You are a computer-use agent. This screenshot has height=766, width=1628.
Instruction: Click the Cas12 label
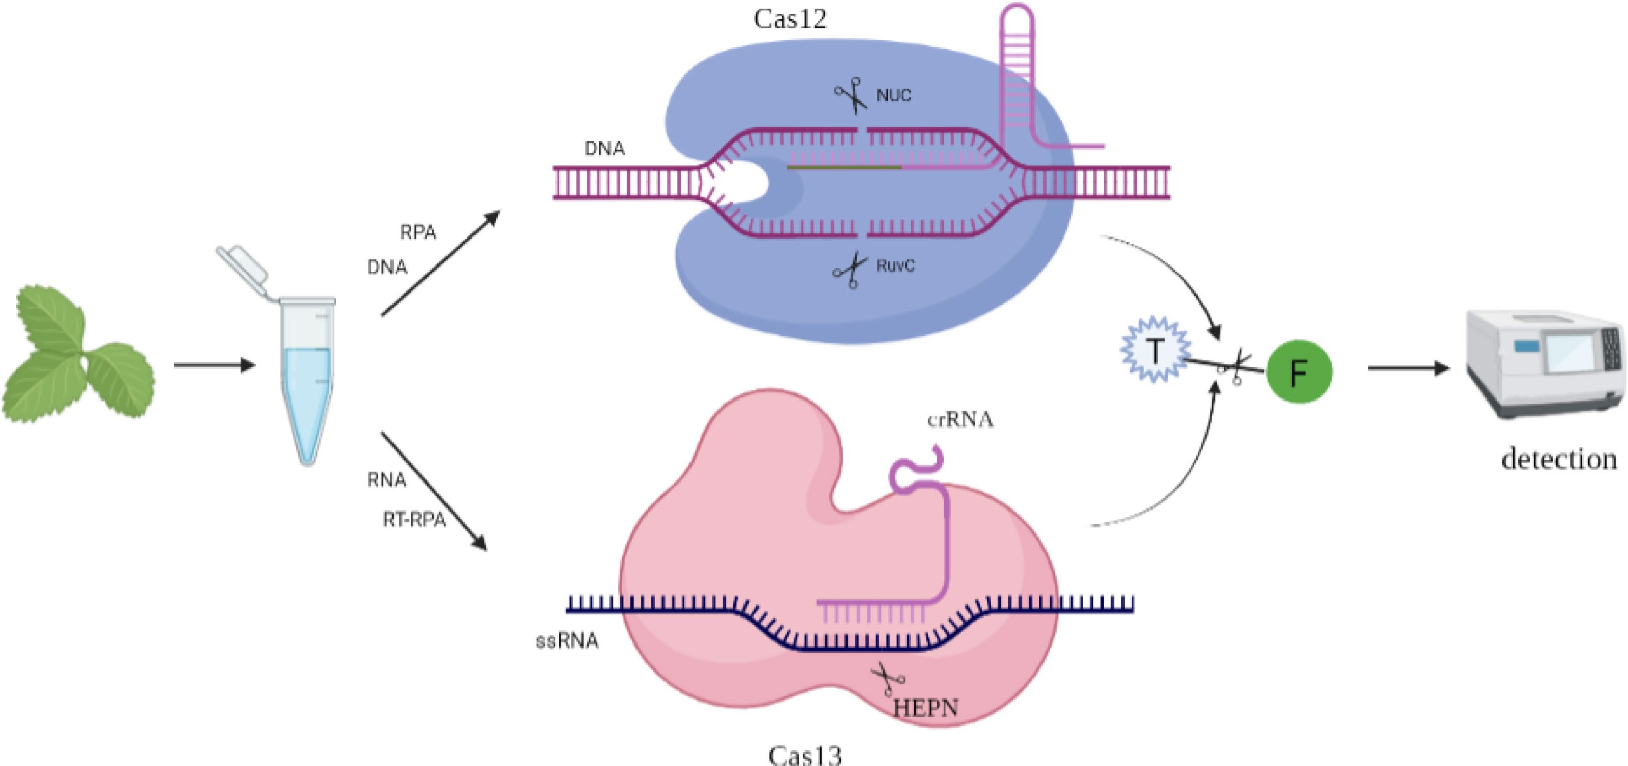(x=790, y=19)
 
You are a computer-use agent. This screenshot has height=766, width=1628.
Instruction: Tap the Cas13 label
(x=804, y=755)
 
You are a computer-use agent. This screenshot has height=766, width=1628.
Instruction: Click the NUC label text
(x=893, y=96)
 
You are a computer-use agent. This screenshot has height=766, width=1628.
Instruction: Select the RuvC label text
(x=895, y=265)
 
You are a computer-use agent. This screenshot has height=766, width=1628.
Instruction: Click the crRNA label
(x=960, y=419)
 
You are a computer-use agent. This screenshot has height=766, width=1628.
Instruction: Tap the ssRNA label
(x=567, y=641)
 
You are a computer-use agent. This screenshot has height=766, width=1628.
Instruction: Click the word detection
(x=1559, y=459)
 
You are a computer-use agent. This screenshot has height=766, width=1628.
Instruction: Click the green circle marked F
(x=1299, y=372)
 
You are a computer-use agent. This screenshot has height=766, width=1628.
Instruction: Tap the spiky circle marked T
(x=1154, y=351)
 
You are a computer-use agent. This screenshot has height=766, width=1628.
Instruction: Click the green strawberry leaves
(x=76, y=357)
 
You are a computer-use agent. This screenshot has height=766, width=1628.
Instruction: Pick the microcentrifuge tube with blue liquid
(x=308, y=379)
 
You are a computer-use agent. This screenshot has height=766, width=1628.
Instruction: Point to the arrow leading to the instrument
(x=1407, y=368)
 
